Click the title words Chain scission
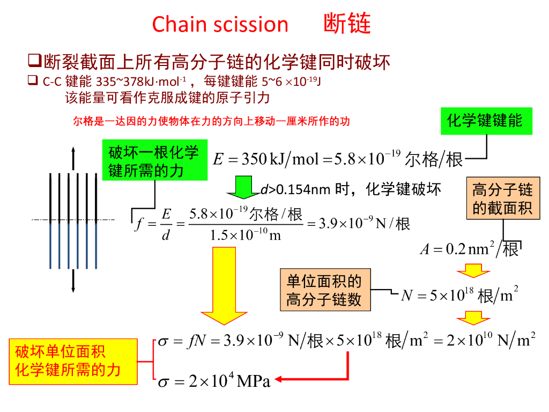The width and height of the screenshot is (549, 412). pyautogui.click(x=220, y=25)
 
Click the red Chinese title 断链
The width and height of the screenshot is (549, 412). pyautogui.click(x=347, y=24)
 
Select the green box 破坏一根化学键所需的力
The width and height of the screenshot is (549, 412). pyautogui.click(x=154, y=161)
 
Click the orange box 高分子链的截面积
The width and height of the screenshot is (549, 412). pyautogui.click(x=502, y=198)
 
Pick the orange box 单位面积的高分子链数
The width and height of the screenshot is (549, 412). pyautogui.click(x=324, y=290)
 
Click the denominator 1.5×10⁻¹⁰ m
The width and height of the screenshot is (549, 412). pyautogui.click(x=246, y=236)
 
